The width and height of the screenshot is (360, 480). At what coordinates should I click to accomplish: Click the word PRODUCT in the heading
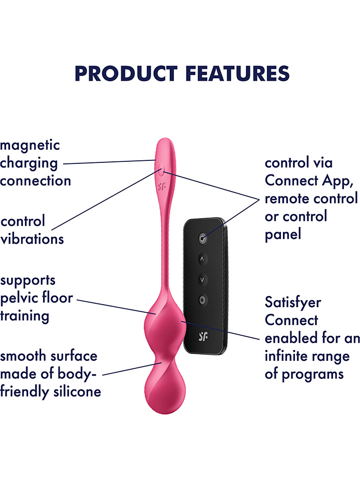pos(126,74)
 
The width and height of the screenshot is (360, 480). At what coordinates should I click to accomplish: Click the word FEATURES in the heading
pos(237,74)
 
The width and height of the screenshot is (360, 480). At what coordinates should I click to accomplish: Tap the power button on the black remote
pos(202,238)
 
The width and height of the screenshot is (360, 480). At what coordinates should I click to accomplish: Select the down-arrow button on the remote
pos(202,280)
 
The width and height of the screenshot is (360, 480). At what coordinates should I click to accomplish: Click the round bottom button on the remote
pos(202,300)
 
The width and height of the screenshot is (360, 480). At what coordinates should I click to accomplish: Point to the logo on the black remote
pos(203,336)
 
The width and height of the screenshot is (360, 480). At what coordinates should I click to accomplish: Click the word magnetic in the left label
pos(30,145)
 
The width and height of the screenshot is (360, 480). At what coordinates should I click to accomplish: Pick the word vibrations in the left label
pos(32,239)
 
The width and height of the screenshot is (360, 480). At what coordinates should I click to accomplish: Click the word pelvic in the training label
pos(19,298)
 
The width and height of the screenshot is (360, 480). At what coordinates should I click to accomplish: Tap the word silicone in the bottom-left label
pos(78,391)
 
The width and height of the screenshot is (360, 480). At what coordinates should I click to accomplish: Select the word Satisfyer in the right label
pos(293,303)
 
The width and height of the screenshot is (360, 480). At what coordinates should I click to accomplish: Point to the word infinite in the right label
pos(286,356)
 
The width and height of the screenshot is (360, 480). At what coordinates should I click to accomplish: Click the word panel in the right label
pos(283,234)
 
